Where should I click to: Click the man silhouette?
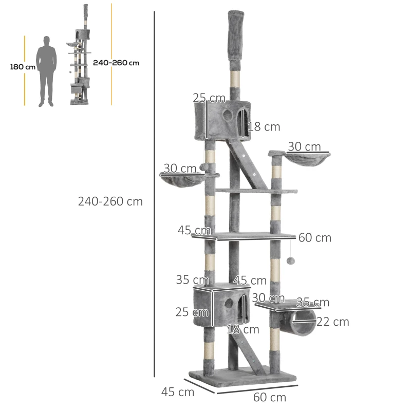pyautogui.click(x=46, y=71)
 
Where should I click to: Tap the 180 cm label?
pyautogui.click(x=23, y=67)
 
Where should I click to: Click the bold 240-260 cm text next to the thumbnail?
pyautogui.click(x=116, y=63)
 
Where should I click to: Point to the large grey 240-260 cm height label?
pyautogui.click(x=110, y=201)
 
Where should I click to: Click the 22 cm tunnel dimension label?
pyautogui.click(x=333, y=322)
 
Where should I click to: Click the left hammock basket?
pyautogui.click(x=182, y=181)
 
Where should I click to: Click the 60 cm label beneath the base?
pyautogui.click(x=269, y=397)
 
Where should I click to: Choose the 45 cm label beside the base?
pyautogui.click(x=178, y=392)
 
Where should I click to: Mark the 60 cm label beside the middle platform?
pyautogui.click(x=314, y=238)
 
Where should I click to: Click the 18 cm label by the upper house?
pyautogui.click(x=264, y=127)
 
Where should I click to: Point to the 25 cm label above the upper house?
pyautogui.click(x=209, y=98)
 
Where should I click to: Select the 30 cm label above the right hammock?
pyautogui.click(x=304, y=147)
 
